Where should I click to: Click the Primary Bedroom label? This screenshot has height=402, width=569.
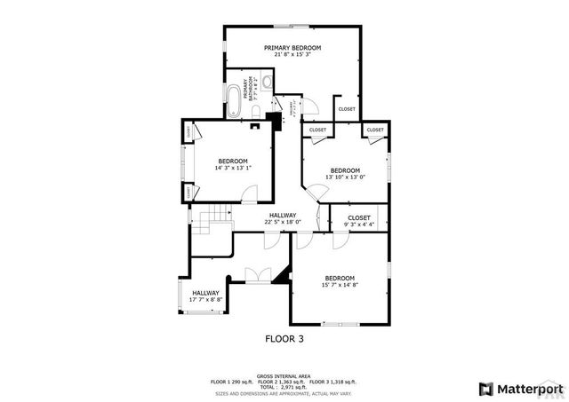(292, 47)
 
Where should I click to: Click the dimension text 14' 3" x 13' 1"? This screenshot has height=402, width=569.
(233, 168)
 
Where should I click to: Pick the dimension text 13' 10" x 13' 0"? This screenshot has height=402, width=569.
(345, 177)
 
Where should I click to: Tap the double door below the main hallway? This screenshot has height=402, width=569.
(259, 275)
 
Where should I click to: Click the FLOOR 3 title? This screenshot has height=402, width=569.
(284, 338)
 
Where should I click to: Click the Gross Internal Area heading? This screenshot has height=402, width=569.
(283, 376)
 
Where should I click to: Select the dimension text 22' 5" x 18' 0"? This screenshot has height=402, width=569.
(283, 222)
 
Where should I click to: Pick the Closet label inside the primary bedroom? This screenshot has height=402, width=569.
(347, 109)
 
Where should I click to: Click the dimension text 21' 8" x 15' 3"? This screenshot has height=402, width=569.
(292, 54)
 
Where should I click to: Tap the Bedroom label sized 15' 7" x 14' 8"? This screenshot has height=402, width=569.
(339, 278)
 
